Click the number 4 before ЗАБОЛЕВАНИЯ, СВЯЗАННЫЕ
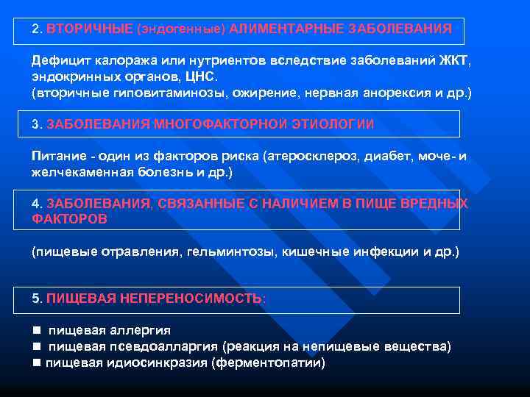click(36, 204)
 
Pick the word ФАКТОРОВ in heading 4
click(70, 219)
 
